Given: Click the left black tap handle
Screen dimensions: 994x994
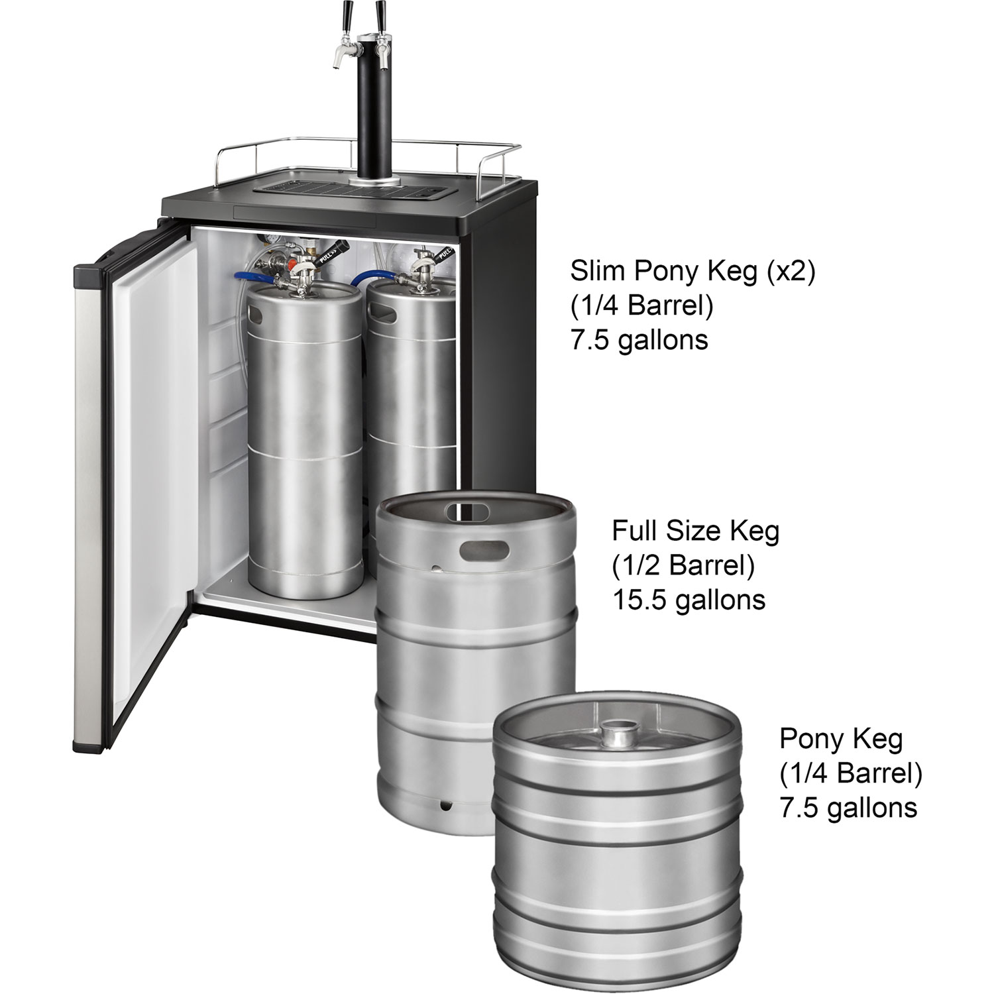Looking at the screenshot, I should [x=346, y=12].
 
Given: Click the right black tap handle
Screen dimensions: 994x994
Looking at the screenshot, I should [x=381, y=12].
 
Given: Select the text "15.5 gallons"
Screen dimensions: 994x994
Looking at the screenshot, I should [x=689, y=600].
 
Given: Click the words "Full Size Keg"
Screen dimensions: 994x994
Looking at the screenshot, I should [x=695, y=531].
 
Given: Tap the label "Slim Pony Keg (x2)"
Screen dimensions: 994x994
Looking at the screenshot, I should [x=692, y=271].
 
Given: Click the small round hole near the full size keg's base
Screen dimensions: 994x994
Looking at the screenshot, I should [x=443, y=807].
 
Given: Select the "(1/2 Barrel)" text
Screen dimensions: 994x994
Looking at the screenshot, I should [x=683, y=565].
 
